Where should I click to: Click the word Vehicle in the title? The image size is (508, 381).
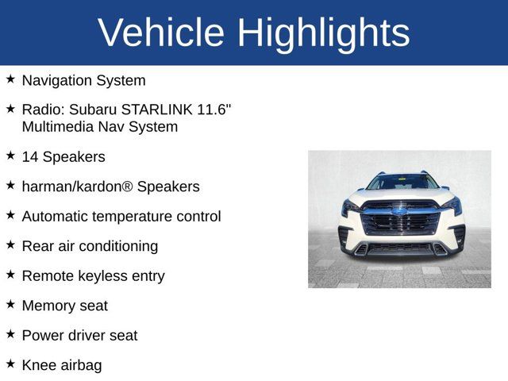click(160, 33)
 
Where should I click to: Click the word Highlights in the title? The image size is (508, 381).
click(323, 33)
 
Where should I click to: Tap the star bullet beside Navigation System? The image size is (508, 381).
click(10, 79)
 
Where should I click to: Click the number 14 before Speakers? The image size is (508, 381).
click(30, 157)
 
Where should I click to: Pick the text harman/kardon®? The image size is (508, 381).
click(77, 187)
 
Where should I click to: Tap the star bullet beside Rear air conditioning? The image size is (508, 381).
click(10, 245)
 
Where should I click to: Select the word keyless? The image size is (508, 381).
click(105, 276)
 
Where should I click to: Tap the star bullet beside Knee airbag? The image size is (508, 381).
click(10, 364)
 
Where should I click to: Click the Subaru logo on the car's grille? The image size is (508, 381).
click(400, 212)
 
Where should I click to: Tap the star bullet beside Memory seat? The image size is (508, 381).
click(10, 304)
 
